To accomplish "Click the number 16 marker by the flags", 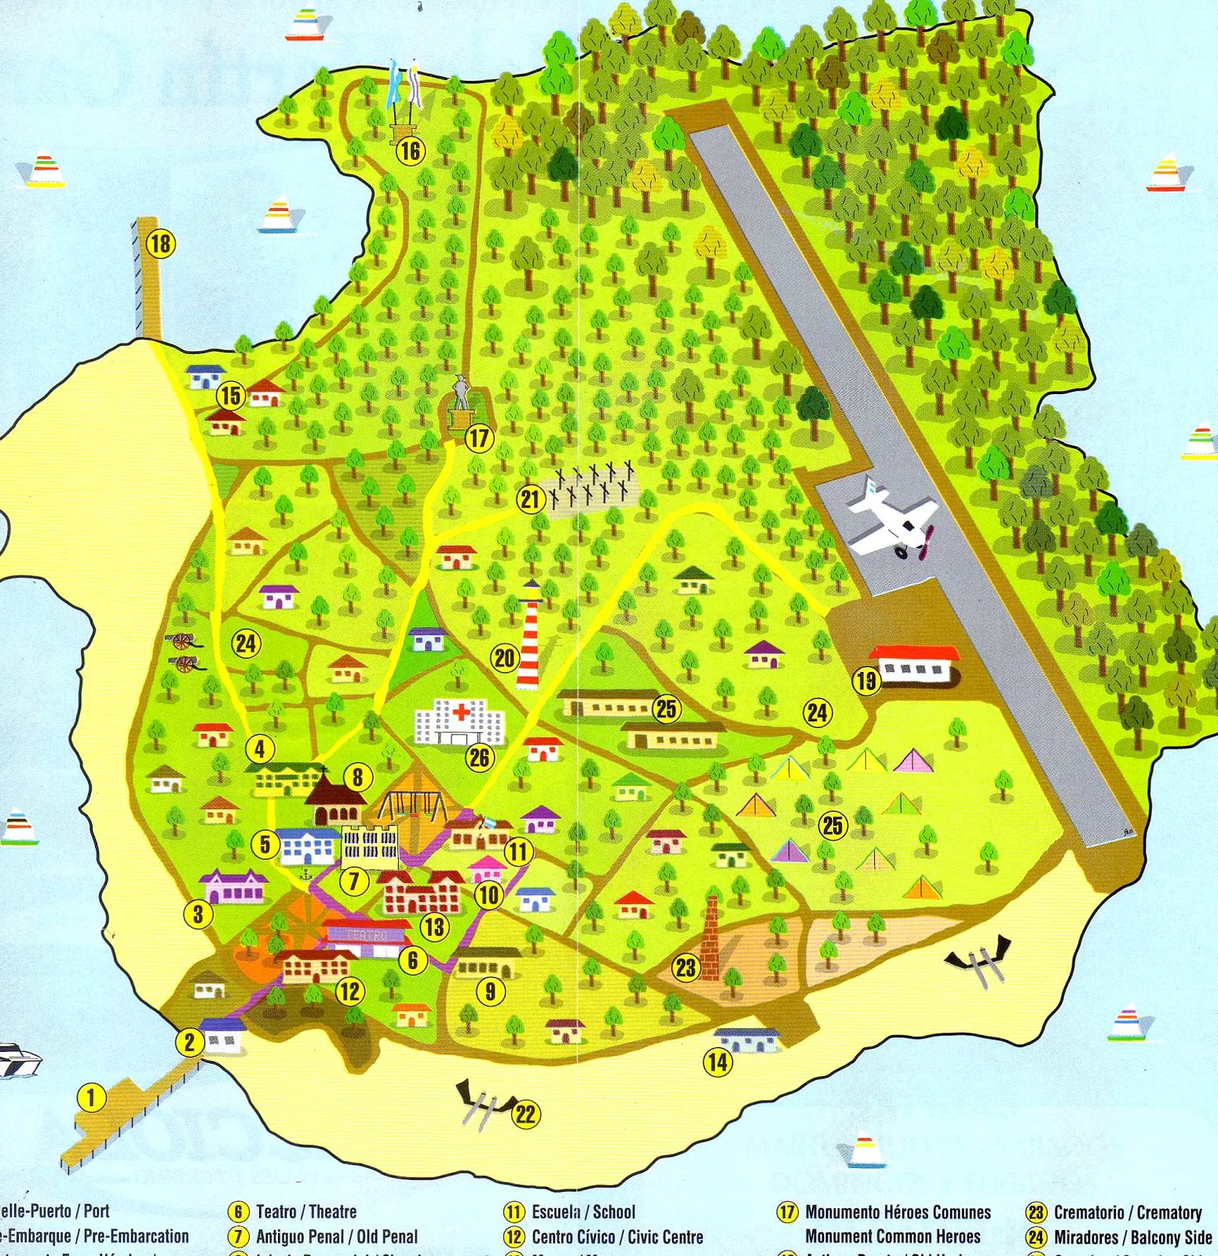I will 410,150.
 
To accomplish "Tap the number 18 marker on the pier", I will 160,243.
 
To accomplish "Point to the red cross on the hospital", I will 460,712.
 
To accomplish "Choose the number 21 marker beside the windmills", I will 531,499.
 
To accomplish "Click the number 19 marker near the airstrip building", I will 865,680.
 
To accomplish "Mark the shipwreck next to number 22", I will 485,1101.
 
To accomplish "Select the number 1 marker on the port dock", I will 92,1097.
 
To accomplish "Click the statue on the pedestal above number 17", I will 461,392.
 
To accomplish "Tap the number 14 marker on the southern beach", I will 717,1063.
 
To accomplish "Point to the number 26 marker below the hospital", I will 479,757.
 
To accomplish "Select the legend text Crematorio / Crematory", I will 1127,1213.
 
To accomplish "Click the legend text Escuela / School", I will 583,1212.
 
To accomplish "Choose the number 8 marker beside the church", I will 357,777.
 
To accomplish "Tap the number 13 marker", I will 434,927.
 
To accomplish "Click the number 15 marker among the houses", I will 230,395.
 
